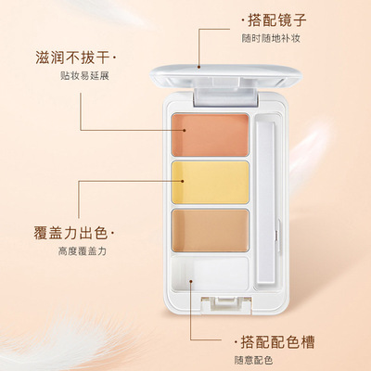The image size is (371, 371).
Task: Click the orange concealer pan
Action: (x=211, y=135)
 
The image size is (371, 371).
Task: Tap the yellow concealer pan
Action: (x=211, y=183)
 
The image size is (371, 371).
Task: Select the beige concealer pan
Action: (x=211, y=230)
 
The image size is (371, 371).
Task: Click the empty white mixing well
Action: (x=211, y=274)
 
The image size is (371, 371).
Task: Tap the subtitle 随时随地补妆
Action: (x=271, y=38)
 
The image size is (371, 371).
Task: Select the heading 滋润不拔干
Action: (x=72, y=58)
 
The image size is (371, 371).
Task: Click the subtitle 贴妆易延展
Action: (x=84, y=76)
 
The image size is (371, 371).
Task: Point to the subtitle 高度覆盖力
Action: (x=83, y=251)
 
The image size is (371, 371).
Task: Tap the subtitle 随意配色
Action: (x=253, y=360)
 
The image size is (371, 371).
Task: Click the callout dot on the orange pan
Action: (x=184, y=130)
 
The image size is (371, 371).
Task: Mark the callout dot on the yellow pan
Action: (x=183, y=181)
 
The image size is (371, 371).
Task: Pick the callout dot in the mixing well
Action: (x=191, y=281)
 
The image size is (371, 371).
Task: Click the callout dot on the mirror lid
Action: (x=198, y=66)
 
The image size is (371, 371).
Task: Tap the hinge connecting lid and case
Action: (x=226, y=96)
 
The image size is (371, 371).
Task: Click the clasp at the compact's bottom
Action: (x=226, y=304)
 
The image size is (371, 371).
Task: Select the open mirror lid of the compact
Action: (x=226, y=75)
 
